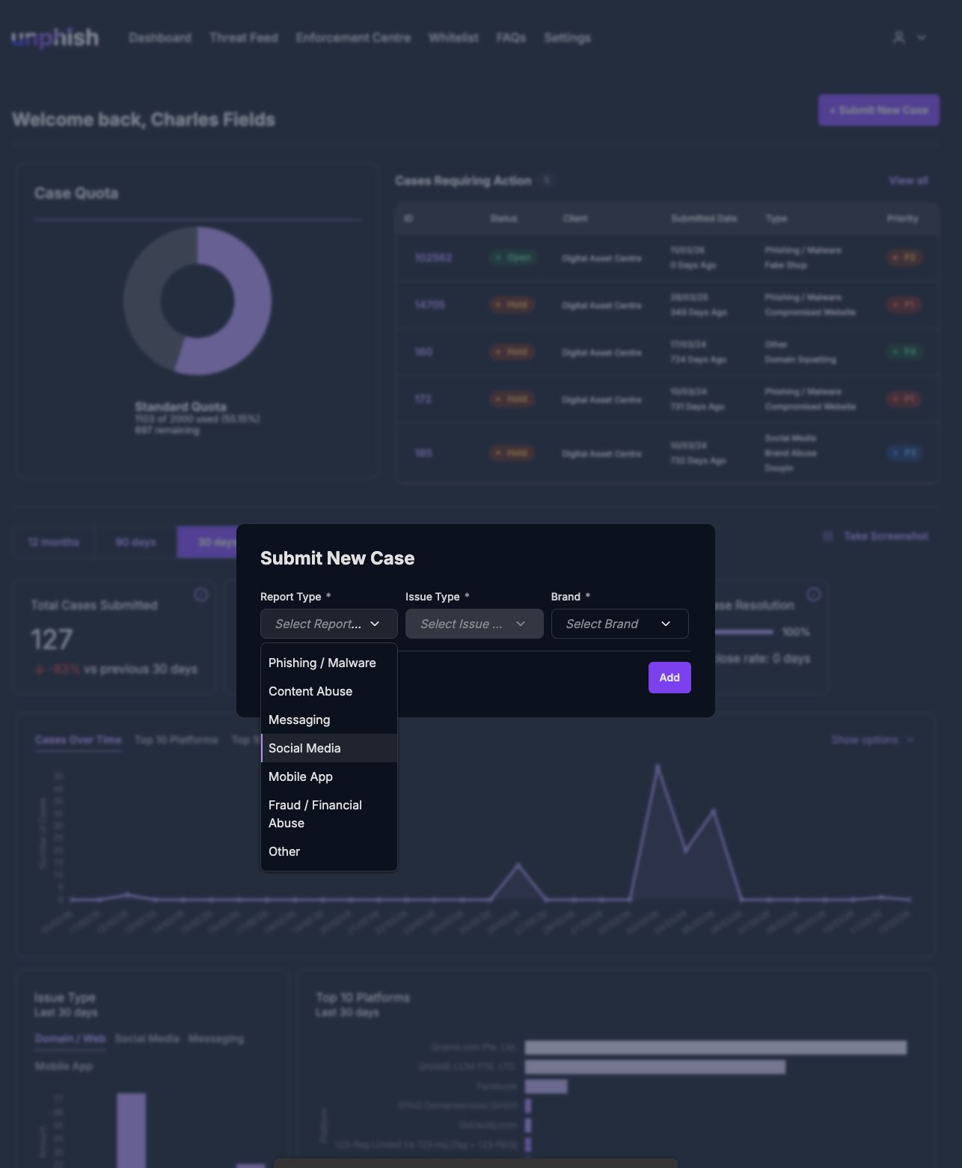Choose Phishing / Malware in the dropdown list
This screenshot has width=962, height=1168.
[322, 663]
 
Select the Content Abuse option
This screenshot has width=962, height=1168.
[310, 691]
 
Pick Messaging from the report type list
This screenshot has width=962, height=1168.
[299, 720]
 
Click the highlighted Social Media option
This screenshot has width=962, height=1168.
[304, 748]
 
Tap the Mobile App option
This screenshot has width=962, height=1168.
[301, 776]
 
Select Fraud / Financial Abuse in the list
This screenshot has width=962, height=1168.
[315, 814]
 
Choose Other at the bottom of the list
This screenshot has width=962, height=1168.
[284, 851]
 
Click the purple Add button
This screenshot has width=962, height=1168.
[670, 678]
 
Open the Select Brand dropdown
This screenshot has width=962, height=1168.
[619, 624]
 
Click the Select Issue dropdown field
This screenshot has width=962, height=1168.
[474, 624]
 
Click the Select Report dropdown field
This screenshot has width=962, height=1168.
[328, 624]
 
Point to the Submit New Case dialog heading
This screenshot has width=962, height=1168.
[337, 558]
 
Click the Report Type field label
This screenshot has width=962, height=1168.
[290, 597]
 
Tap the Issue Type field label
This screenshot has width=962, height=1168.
[432, 597]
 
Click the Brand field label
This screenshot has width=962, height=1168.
[566, 597]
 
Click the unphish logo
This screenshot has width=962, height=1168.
[55, 37]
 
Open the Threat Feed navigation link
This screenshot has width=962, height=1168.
[244, 37]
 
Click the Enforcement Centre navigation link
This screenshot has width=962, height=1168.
[353, 37]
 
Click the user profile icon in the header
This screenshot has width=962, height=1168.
[899, 37]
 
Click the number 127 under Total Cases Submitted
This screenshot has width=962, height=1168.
[52, 639]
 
